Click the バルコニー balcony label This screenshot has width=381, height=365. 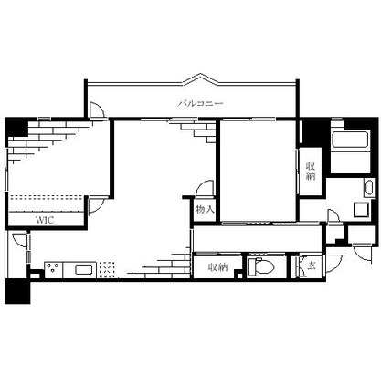[x=200, y=104]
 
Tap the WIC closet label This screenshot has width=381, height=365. [x=45, y=220]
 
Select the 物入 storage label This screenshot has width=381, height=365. [x=205, y=209]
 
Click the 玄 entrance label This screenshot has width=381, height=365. [x=312, y=266]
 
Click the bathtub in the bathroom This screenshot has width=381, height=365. [x=350, y=140]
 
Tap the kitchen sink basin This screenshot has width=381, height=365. [x=83, y=269]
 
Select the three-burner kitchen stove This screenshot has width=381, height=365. [x=54, y=269]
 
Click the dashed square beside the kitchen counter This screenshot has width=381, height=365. [x=107, y=269]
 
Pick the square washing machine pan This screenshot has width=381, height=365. [x=362, y=210]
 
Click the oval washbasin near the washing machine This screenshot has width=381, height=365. [x=368, y=188]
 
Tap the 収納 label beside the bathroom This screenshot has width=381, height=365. [x=311, y=172]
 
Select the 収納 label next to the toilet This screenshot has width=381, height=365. [x=217, y=267]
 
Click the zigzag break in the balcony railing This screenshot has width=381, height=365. [x=200, y=78]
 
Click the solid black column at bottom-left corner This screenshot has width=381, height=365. [x=17, y=291]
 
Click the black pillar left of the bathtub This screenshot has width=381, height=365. [x=313, y=132]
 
